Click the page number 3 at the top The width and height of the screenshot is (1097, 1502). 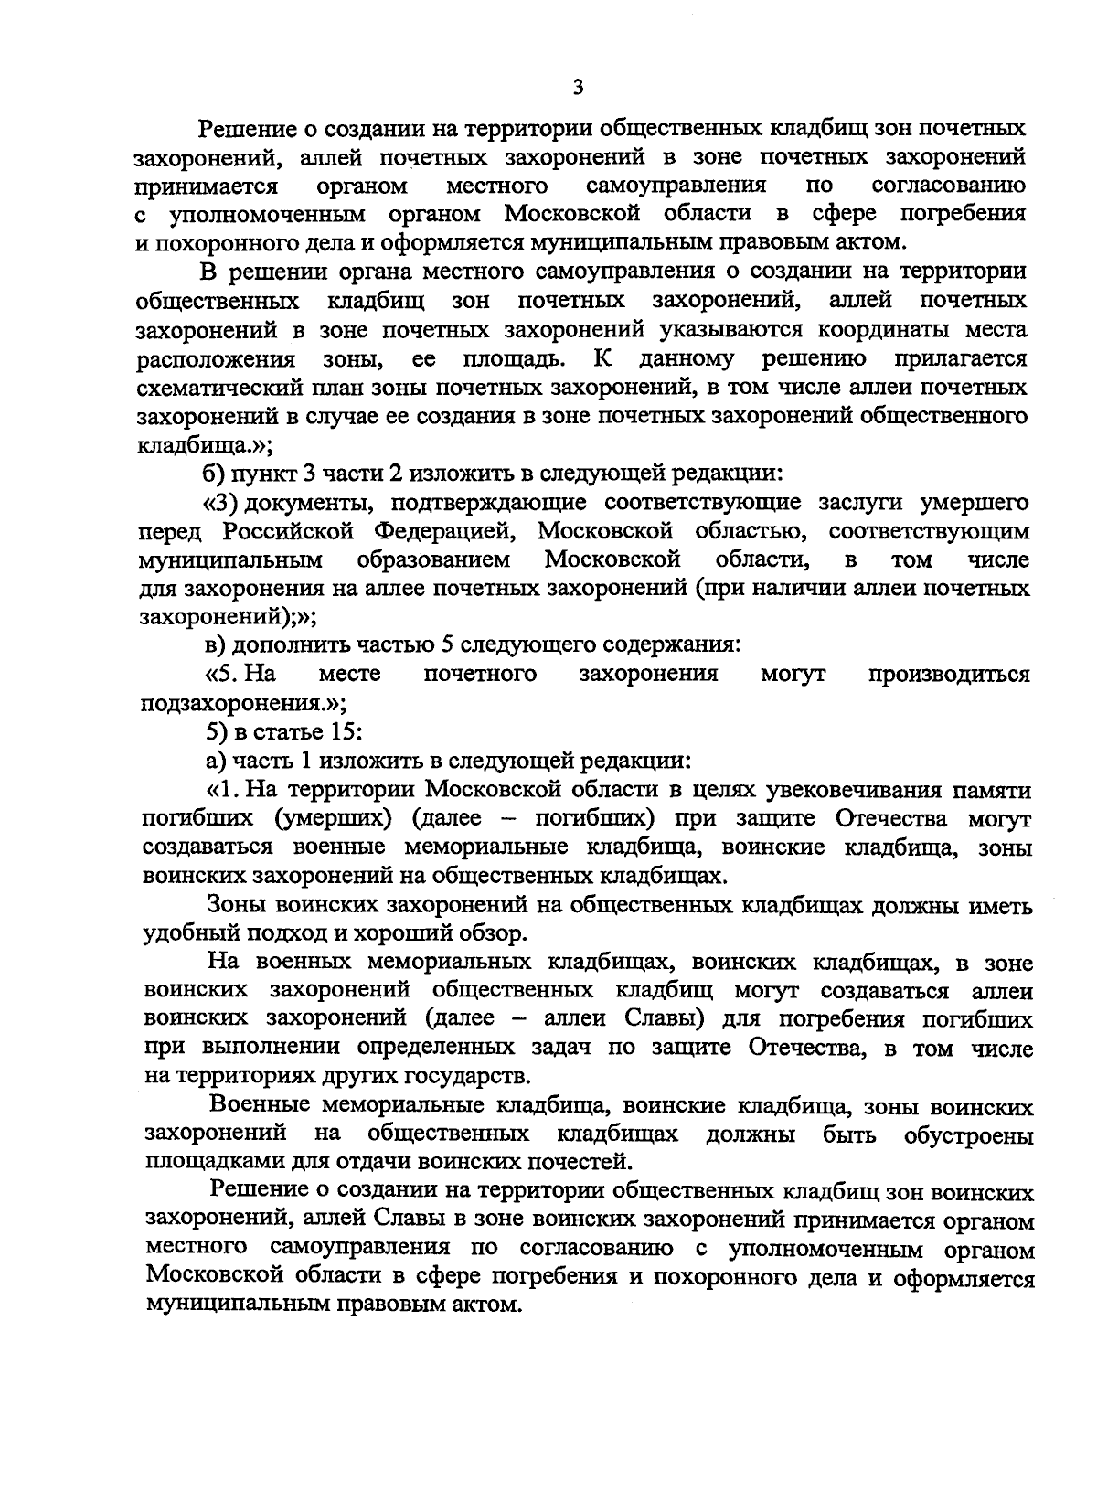pos(577,88)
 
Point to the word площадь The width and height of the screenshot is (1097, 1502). pos(517,358)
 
